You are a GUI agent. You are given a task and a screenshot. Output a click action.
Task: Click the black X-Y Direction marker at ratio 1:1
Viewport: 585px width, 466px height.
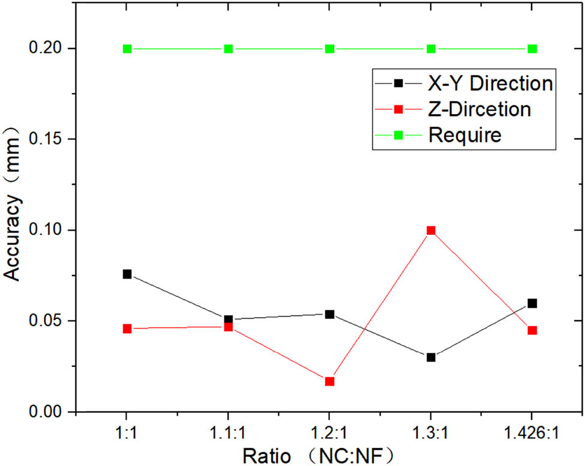click(127, 274)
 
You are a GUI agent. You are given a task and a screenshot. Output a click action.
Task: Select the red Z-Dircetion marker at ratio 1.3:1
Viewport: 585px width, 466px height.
click(431, 231)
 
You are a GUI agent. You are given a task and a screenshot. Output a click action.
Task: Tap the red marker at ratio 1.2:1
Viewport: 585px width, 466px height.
click(329, 381)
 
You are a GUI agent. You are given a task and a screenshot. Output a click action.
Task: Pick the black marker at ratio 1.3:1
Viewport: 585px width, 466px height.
click(431, 357)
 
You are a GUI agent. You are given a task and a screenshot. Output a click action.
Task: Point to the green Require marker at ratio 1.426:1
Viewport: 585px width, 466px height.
click(532, 49)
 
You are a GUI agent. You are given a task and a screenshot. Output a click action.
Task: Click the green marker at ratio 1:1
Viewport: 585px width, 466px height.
click(127, 49)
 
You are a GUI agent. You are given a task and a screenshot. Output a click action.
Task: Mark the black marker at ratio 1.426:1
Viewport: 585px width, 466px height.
click(532, 303)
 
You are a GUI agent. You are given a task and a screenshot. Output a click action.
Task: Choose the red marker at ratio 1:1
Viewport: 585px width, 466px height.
click(127, 329)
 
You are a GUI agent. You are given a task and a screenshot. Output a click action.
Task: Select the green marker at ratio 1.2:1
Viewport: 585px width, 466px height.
click(329, 49)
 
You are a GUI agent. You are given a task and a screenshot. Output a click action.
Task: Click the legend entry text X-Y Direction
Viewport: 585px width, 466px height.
click(490, 83)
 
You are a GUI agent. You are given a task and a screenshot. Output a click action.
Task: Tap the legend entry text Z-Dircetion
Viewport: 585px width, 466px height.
click(479, 110)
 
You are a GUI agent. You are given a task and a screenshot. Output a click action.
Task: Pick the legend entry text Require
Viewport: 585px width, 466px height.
click(465, 136)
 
